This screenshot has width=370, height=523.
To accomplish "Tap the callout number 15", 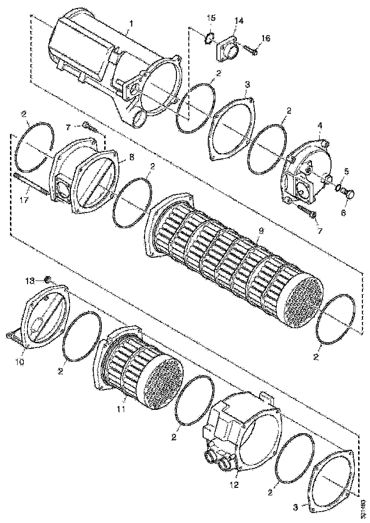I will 211,18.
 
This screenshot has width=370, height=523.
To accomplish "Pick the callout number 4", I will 320,126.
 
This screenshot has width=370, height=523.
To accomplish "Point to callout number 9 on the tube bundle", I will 260,231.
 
